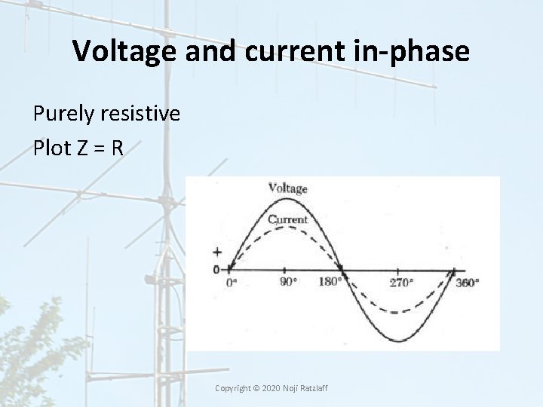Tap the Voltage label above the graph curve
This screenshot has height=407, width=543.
coord(287,188)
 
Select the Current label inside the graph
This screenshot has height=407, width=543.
coord(287,220)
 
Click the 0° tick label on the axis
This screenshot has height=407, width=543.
coord(232,283)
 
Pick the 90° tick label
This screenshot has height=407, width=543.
coord(287,283)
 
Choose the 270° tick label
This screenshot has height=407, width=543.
coord(400,283)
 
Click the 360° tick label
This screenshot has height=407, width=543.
coord(467,283)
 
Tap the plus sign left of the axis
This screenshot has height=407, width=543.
coord(218,253)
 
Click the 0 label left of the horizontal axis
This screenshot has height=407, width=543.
coord(216,269)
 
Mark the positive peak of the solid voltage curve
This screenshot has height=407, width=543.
coord(284,199)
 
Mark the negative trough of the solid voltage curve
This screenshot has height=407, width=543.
coord(397,341)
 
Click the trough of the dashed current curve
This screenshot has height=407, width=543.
coord(397,312)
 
